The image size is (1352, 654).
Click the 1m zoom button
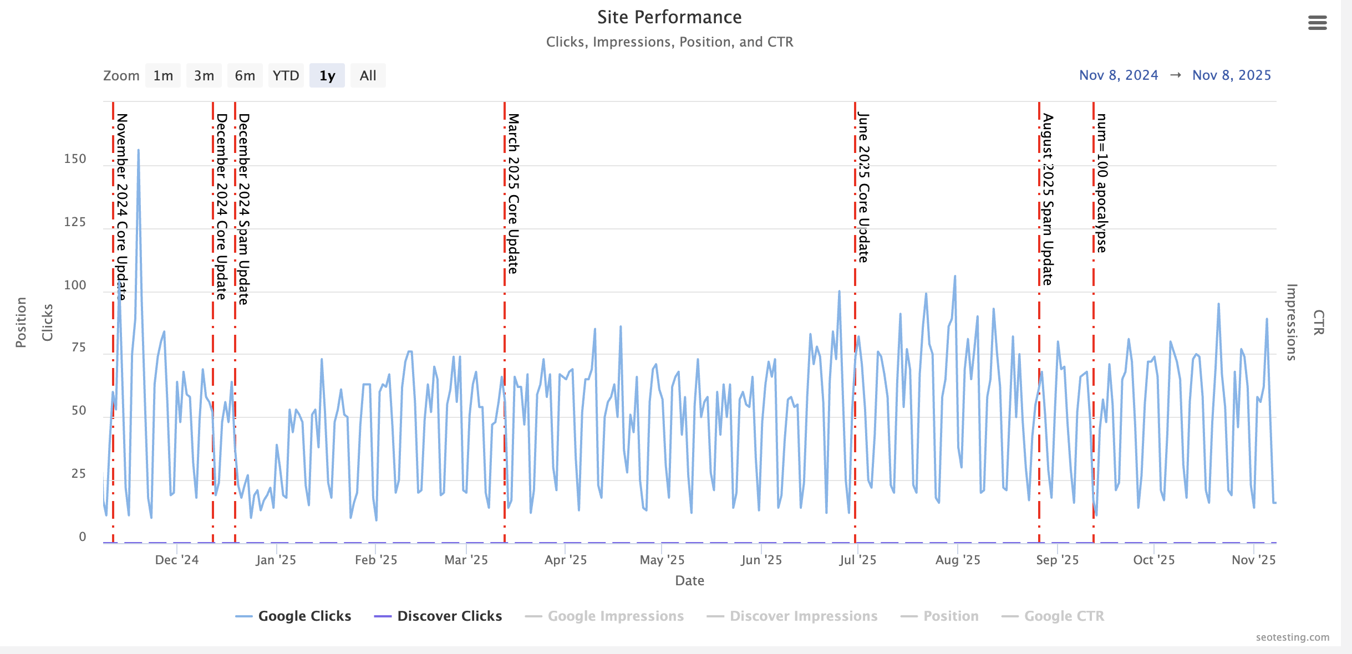click(x=163, y=75)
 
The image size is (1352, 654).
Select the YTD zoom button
click(x=286, y=75)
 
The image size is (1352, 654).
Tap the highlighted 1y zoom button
click(x=327, y=75)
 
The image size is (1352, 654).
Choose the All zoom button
click(x=368, y=75)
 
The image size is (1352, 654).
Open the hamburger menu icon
click(x=1317, y=23)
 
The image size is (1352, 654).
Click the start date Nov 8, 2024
click(x=1119, y=75)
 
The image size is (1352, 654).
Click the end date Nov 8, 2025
click(x=1232, y=75)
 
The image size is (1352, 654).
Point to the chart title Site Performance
click(x=669, y=17)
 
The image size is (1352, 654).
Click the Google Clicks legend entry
click(x=304, y=616)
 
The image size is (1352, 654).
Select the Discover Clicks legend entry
click(x=449, y=616)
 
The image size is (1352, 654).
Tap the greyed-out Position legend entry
click(x=951, y=616)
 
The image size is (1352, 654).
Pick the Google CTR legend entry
click(x=1064, y=616)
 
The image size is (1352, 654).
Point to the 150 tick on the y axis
click(x=75, y=159)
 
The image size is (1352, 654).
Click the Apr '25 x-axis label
click(x=565, y=560)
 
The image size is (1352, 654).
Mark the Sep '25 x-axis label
click(x=1057, y=560)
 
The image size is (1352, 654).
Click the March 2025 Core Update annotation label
click(x=514, y=193)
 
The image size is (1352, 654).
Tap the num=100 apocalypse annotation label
click(x=1102, y=183)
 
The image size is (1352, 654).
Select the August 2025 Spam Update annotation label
click(x=1048, y=199)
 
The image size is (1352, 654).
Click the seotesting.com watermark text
click(x=1292, y=637)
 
